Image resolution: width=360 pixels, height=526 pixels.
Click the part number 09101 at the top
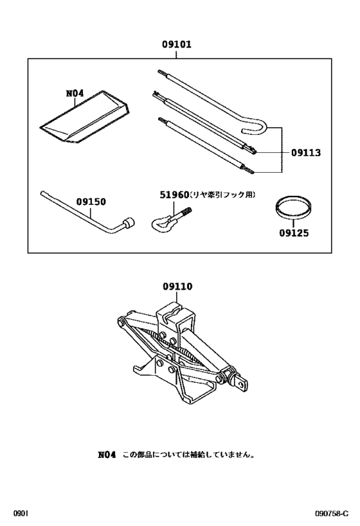point(177,45)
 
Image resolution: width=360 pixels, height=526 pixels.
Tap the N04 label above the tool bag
point(75,94)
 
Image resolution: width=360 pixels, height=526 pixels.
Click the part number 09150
point(91,201)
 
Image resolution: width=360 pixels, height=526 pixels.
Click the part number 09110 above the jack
point(177,287)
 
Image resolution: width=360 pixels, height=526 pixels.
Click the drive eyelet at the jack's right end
point(243,383)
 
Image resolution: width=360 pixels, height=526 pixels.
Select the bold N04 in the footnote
point(106,455)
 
